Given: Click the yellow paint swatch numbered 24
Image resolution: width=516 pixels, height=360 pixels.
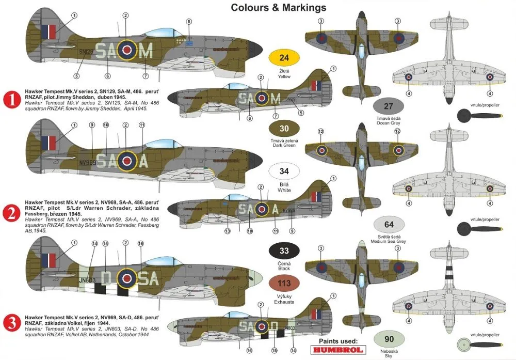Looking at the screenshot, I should point(284,58).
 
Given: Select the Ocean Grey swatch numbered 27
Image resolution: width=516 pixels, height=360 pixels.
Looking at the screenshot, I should point(389,106).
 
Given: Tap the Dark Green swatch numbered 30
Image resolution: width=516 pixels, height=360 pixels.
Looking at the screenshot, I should point(284,130).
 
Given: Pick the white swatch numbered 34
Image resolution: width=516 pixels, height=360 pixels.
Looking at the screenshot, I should point(284,171).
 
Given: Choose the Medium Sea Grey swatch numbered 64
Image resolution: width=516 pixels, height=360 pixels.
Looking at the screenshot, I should point(389,224).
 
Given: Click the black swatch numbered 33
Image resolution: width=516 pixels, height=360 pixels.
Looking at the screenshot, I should point(284,252).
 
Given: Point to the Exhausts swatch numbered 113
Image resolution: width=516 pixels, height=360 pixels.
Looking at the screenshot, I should point(284,284).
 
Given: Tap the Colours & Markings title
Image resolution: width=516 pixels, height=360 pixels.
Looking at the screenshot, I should point(278,7).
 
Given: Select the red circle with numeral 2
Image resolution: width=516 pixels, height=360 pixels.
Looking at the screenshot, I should point(11,211).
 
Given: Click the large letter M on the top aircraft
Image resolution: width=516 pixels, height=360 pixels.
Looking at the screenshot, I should point(147,51).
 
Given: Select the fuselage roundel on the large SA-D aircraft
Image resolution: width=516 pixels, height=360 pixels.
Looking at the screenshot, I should point(126,279).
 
